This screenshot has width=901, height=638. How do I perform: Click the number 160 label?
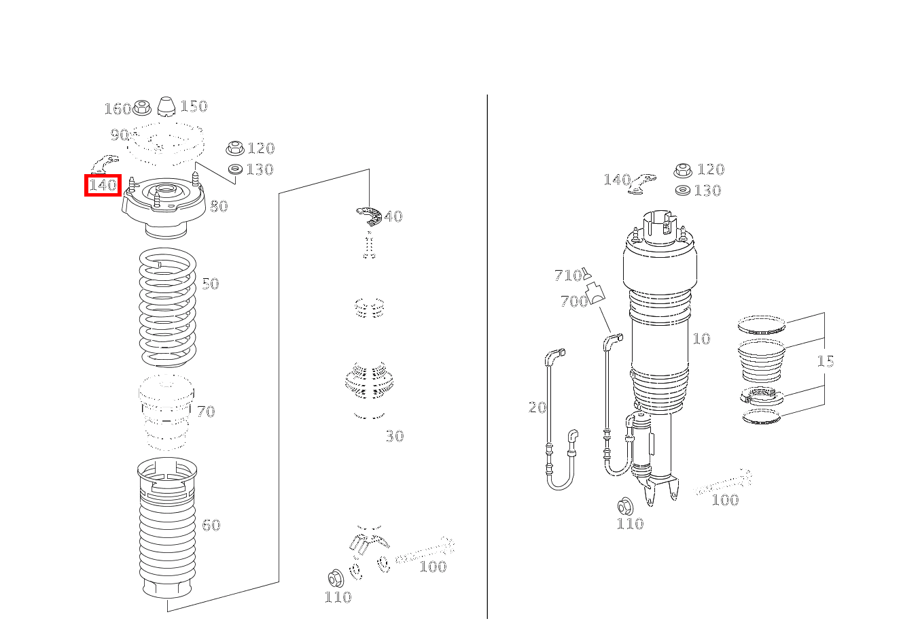pyautogui.click(x=118, y=109)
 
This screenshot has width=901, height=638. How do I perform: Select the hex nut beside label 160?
pyautogui.click(x=141, y=107)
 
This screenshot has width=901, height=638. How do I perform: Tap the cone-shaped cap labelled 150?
pyautogui.click(x=166, y=106)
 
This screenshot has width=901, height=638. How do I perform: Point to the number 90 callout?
pyautogui.click(x=120, y=135)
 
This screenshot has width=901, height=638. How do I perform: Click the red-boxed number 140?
pyautogui.click(x=103, y=185)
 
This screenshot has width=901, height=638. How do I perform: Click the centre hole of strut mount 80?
pyautogui.click(x=164, y=188)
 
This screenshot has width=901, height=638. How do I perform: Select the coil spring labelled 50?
pyautogui.click(x=167, y=307)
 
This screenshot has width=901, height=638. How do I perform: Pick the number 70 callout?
pyautogui.click(x=206, y=412)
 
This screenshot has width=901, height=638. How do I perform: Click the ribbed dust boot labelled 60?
pyautogui.click(x=167, y=528)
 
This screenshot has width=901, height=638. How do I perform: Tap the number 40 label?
pyautogui.click(x=393, y=216)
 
